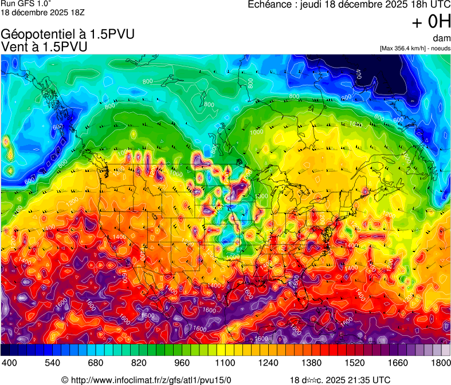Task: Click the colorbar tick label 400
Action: click(x=9, y=363)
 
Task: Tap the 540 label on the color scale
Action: click(x=52, y=363)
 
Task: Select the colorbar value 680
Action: click(x=96, y=363)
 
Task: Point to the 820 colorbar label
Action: click(x=139, y=363)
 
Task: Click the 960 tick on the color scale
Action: click(x=182, y=363)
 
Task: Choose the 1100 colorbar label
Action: click(x=225, y=363)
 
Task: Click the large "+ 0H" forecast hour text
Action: click(x=431, y=22)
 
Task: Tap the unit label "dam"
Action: click(x=442, y=38)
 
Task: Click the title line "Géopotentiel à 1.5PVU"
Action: click(x=68, y=34)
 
